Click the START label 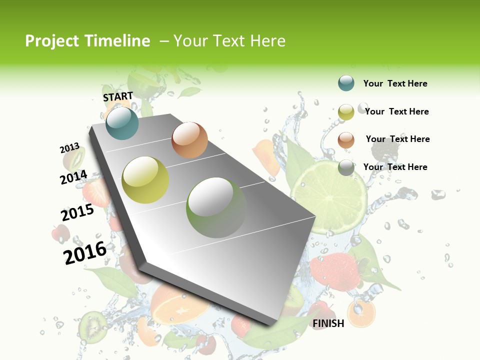pos(118,96)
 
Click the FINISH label pos(328,323)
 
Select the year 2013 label pos(69,148)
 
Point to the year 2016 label pos(85,253)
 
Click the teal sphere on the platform pos(122,123)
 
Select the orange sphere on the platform pos(189,140)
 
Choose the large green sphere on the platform pos(216,207)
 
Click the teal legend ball pos(346,83)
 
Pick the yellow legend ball pos(346,112)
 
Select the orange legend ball pos(346,139)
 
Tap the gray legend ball pos(346,167)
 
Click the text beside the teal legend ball pos(395,83)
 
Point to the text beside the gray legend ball pos(395,167)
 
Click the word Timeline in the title pos(117,41)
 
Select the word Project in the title pos(51,41)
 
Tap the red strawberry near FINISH pos(334,272)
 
